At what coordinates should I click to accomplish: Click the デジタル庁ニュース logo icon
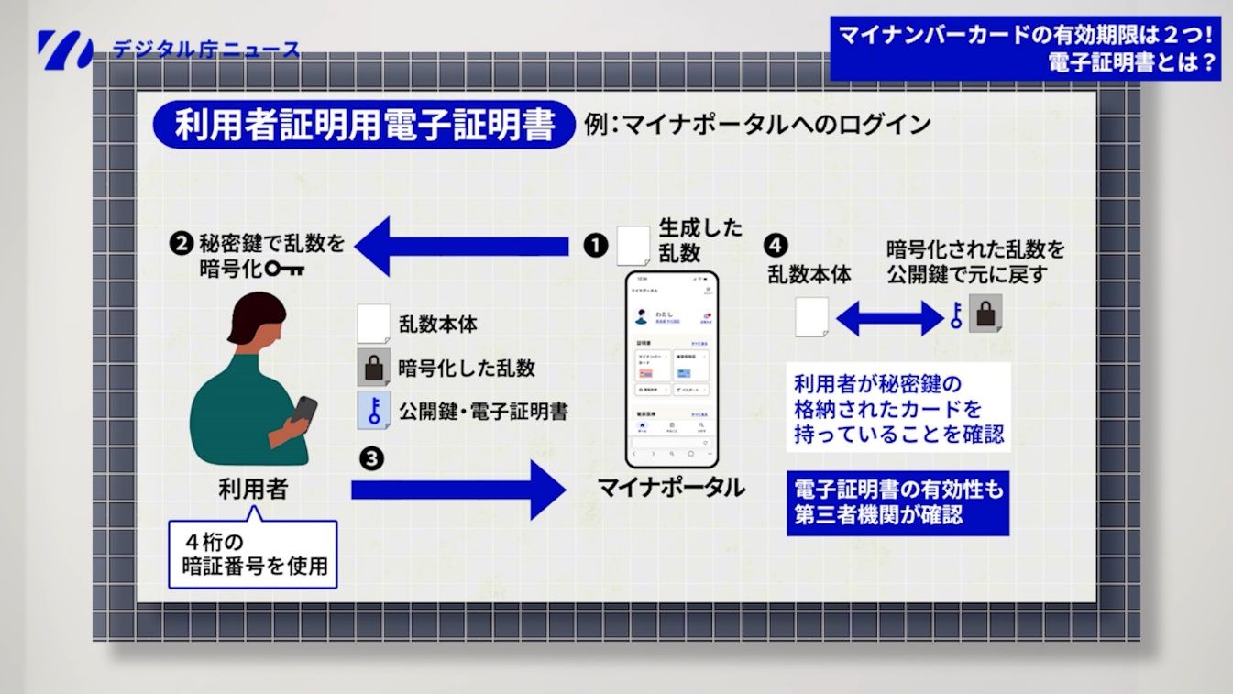tap(65, 50)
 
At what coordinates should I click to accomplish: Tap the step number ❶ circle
tap(596, 246)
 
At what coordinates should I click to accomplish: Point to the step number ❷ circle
tap(181, 244)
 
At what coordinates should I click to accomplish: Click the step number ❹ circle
tap(776, 245)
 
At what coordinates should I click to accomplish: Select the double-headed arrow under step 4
tap(889, 319)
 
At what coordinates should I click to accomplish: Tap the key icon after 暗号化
tap(285, 270)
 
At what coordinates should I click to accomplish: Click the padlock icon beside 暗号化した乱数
tap(372, 367)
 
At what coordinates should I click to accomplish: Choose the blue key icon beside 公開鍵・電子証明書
tap(373, 410)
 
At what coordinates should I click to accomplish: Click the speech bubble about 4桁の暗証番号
tap(253, 554)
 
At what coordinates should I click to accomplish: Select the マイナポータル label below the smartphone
tap(671, 487)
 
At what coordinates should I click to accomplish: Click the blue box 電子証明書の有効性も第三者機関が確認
tap(898, 502)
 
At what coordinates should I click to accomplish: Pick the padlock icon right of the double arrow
tap(986, 314)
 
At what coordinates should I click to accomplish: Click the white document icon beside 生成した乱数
tap(633, 245)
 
